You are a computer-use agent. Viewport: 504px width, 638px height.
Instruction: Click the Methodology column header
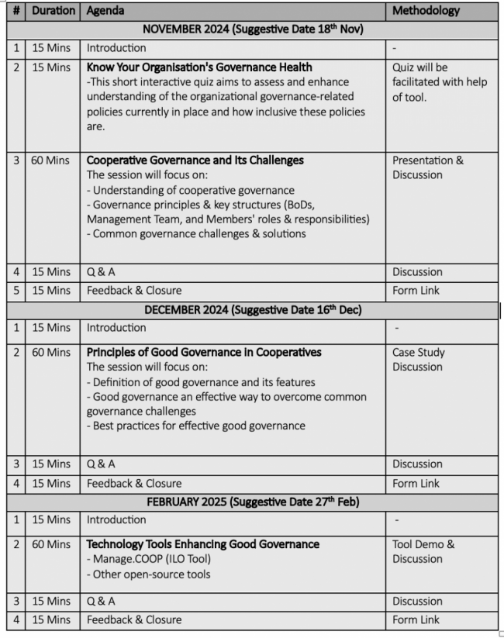pos(426,11)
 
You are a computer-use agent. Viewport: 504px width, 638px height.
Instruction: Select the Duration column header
pos(54,11)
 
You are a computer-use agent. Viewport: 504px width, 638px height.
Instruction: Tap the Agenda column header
pos(105,11)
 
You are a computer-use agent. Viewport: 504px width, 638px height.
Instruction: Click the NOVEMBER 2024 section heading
pos(253,29)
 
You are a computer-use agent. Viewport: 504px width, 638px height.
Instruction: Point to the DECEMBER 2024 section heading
pos(253,310)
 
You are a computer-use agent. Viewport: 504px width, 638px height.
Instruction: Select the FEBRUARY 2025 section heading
pos(253,502)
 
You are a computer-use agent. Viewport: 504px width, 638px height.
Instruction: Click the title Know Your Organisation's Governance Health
pos(199,67)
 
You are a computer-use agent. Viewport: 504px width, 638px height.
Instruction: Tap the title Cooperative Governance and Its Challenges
pos(195,160)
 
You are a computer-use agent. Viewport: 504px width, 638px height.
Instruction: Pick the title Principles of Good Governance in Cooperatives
pos(203,352)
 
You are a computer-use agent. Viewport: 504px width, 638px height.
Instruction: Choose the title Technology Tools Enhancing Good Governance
pos(202,544)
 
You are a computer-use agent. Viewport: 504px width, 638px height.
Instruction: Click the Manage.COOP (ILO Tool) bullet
pos(148,559)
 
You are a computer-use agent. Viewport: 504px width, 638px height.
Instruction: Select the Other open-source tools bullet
pos(148,574)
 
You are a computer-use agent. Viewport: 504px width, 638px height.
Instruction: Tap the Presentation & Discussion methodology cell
pos(428,167)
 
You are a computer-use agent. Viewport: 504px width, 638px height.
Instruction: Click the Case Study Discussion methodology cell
pos(419,359)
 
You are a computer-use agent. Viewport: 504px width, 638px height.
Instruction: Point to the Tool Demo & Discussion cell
pos(423,551)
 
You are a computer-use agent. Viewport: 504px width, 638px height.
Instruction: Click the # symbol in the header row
pos(16,11)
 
